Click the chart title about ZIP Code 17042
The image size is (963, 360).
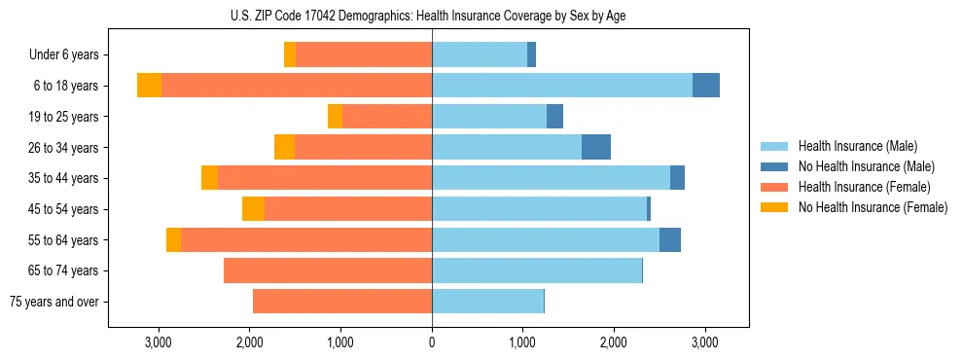pos(432,16)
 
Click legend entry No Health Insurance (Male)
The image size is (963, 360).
pos(865,166)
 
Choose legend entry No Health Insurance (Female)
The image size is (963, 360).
pos(872,207)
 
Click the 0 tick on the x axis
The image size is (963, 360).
pos(432,342)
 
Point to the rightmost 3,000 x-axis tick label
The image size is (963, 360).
pos(705,342)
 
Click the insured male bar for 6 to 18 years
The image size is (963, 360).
pos(562,86)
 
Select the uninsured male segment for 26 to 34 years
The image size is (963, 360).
pos(596,147)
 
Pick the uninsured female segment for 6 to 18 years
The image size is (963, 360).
pos(149,86)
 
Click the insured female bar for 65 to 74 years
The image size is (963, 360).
pos(328,270)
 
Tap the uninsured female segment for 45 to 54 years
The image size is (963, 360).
pos(253,209)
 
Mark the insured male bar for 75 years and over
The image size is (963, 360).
pos(487,302)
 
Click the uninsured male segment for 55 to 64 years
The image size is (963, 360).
pos(670,240)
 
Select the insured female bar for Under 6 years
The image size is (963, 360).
pos(364,54)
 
